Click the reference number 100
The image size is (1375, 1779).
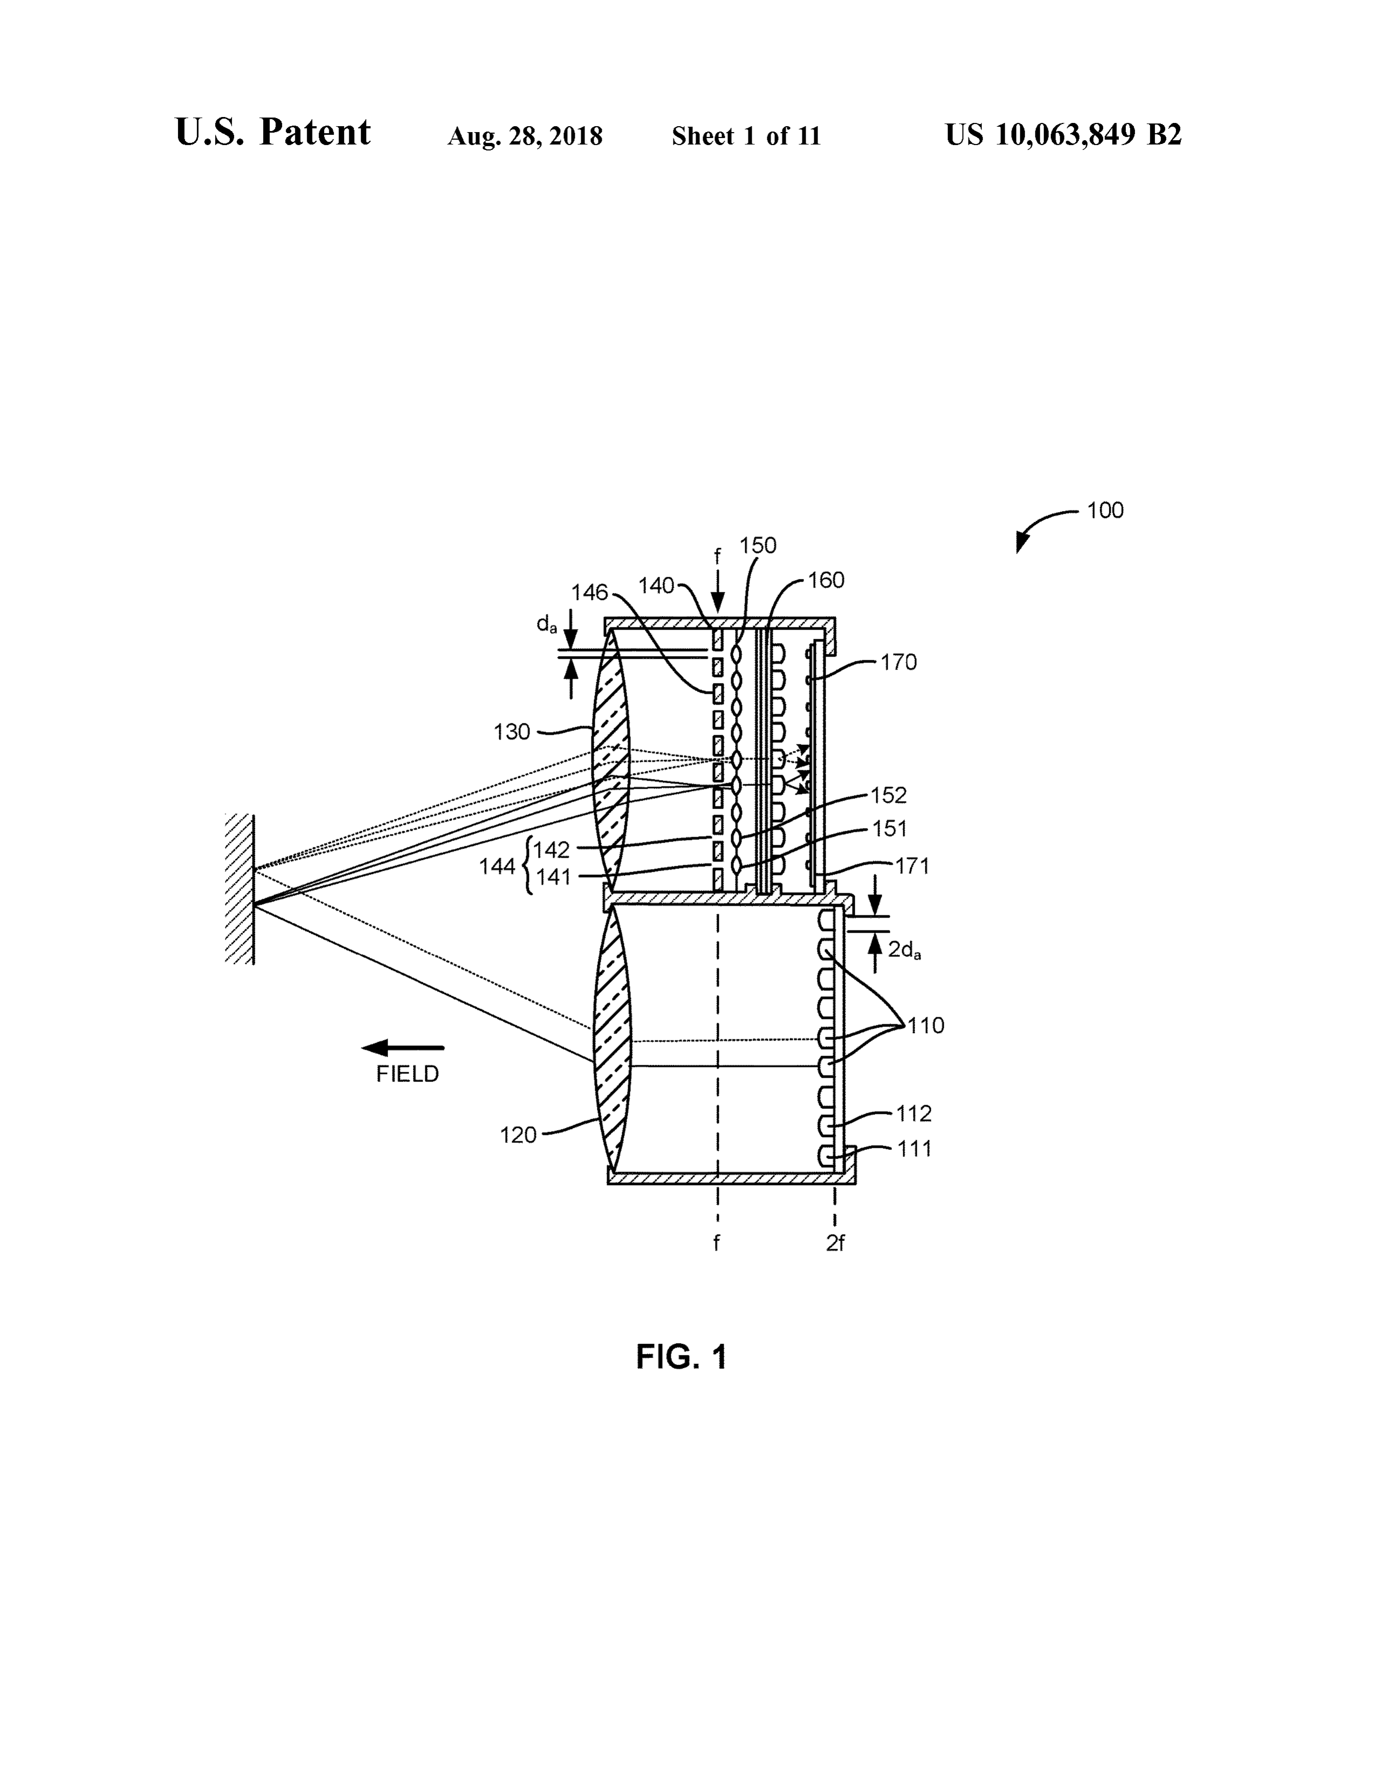[1104, 510]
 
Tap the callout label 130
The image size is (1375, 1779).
[512, 732]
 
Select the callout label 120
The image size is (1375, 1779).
[518, 1135]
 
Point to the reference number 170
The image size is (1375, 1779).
[898, 662]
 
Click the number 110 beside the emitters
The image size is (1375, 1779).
[926, 1025]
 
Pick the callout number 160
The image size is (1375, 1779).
[826, 580]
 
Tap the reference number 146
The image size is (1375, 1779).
[590, 592]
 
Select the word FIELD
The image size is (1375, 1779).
[407, 1074]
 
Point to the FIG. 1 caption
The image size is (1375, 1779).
[681, 1357]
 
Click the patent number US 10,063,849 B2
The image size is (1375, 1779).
[1063, 134]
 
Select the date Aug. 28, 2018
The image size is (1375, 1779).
[525, 136]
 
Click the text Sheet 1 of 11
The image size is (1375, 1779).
[746, 136]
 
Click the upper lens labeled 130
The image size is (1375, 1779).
[611, 762]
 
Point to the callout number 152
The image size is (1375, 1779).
[889, 795]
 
